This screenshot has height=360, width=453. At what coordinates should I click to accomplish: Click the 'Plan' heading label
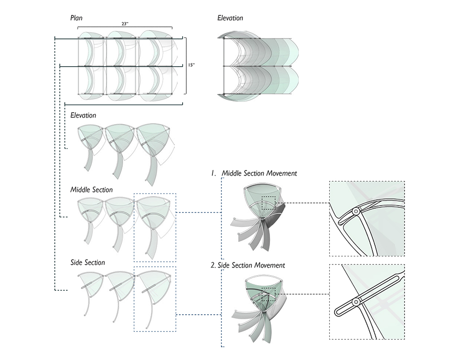[x=76, y=18]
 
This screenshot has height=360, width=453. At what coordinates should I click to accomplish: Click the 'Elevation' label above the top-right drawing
[x=230, y=18]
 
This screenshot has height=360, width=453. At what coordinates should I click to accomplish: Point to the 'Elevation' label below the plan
[x=83, y=115]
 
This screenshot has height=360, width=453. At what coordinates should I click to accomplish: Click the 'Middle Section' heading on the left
[x=92, y=190]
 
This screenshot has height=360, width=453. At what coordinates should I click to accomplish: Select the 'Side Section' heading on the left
[x=87, y=263]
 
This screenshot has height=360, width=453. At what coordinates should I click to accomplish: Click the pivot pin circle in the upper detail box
[x=356, y=211]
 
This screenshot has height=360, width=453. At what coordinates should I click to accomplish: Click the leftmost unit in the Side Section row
[x=91, y=290]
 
